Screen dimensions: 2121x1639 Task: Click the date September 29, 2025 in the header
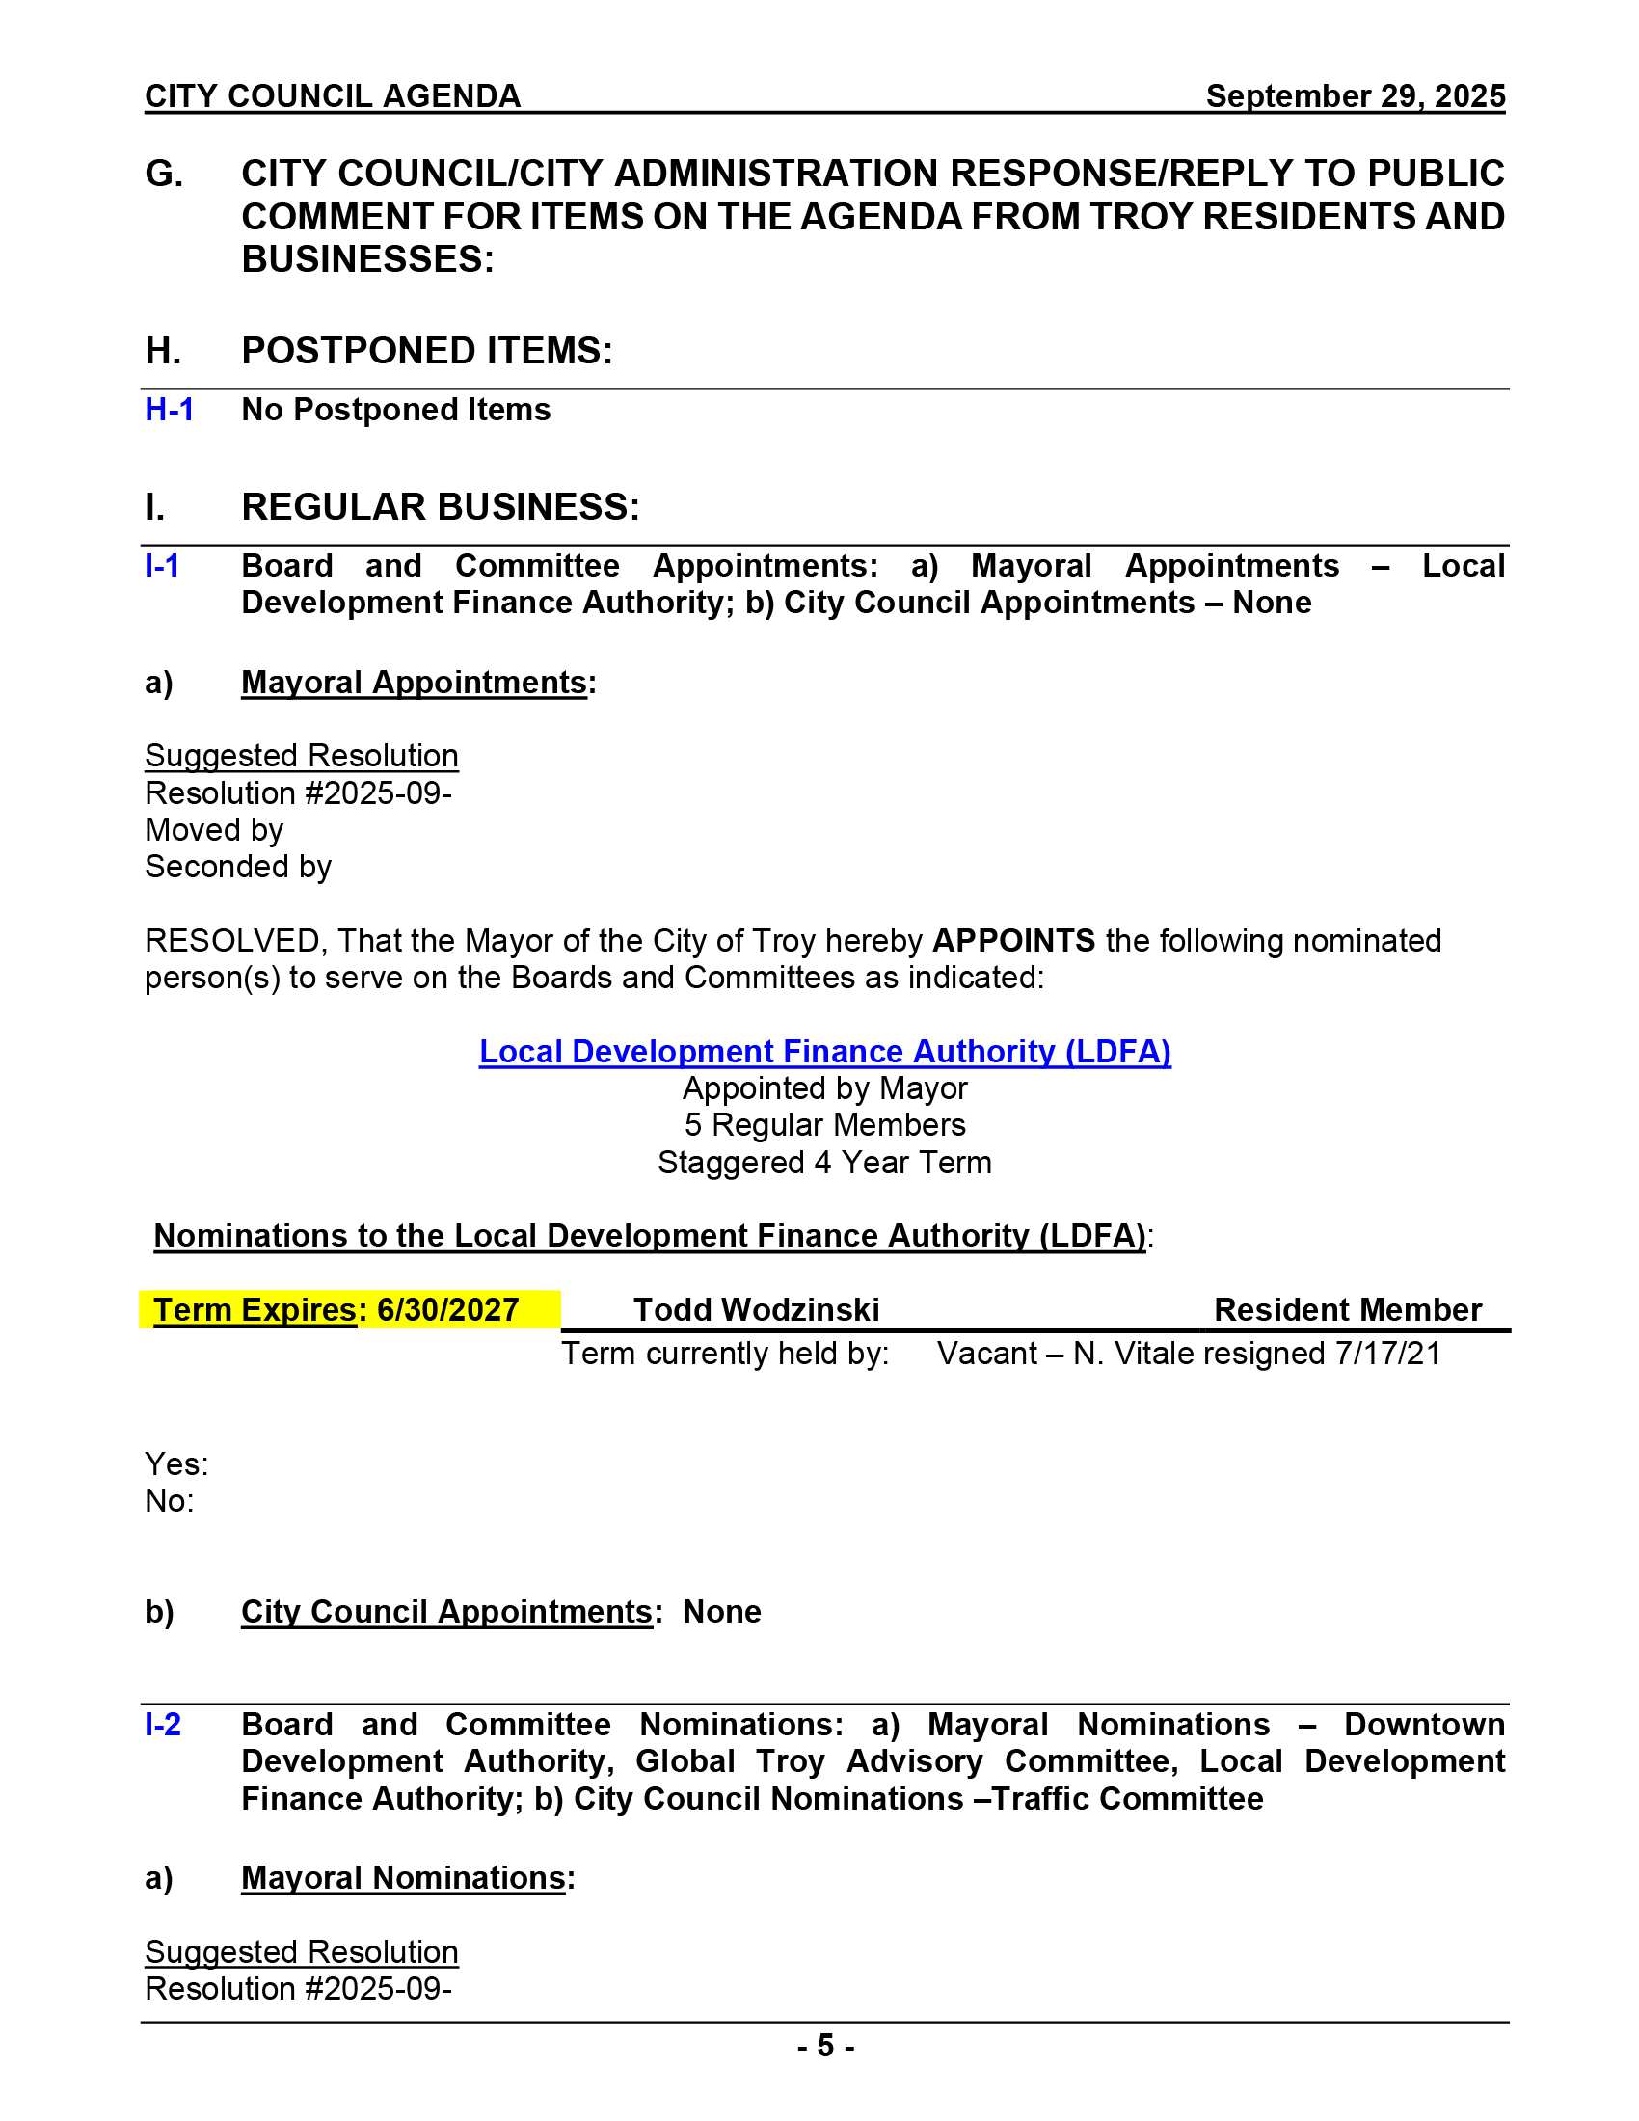click(1355, 96)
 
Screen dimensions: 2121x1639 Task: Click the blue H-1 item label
click(169, 410)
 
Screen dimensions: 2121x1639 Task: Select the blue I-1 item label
click(162, 565)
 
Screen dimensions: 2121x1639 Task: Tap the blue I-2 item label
click(163, 1724)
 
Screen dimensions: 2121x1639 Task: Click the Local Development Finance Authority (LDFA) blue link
click(824, 1052)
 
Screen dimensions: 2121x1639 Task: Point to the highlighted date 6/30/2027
click(447, 1310)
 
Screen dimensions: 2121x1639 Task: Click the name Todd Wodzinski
click(757, 1310)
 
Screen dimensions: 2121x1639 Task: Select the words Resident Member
click(1347, 1310)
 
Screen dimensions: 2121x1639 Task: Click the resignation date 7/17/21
click(1387, 1354)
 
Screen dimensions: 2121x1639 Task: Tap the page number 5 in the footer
click(825, 2046)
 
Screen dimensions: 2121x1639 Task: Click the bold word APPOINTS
click(1013, 941)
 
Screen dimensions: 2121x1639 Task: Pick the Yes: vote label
click(176, 1464)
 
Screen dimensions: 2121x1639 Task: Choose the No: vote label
click(170, 1501)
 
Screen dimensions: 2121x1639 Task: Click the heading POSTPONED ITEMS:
click(427, 351)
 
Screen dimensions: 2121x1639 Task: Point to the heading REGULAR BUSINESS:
click(440, 507)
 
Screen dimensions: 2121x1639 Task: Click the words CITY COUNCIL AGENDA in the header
click(333, 96)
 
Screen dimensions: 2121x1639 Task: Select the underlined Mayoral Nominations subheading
click(403, 1878)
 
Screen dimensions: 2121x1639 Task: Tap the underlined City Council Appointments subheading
click(446, 1612)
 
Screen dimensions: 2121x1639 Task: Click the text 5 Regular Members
click(824, 1125)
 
